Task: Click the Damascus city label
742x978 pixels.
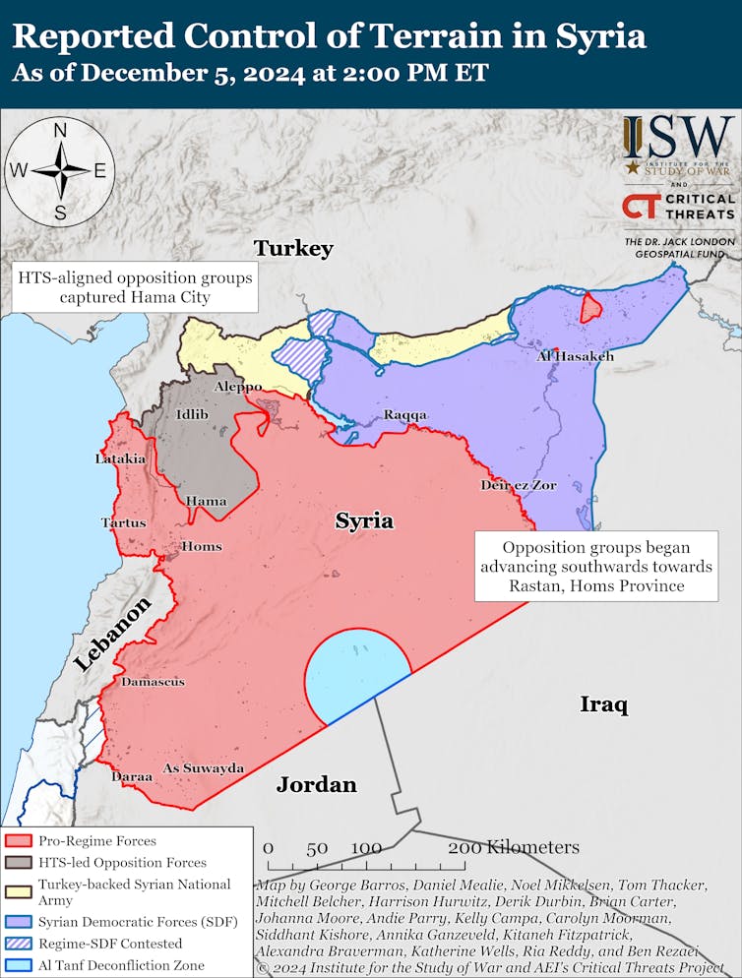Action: (x=153, y=681)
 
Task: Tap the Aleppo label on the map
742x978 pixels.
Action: (x=238, y=388)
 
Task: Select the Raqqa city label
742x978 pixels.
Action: (x=405, y=415)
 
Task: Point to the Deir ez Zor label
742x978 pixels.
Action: (x=519, y=485)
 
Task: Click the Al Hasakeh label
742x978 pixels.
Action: (x=575, y=356)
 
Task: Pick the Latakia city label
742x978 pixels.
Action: (x=120, y=458)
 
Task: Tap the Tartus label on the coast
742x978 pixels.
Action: (x=123, y=522)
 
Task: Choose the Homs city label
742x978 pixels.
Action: (x=202, y=546)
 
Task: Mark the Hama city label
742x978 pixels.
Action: (x=206, y=501)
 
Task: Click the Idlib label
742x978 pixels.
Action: (x=192, y=414)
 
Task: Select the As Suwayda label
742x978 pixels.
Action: (x=203, y=767)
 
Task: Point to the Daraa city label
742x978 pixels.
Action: (x=131, y=776)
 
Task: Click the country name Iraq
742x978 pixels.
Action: (x=603, y=704)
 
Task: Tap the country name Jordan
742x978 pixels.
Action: (x=316, y=784)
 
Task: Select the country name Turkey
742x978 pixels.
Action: (x=293, y=248)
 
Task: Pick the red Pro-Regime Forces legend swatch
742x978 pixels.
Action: (x=19, y=841)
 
